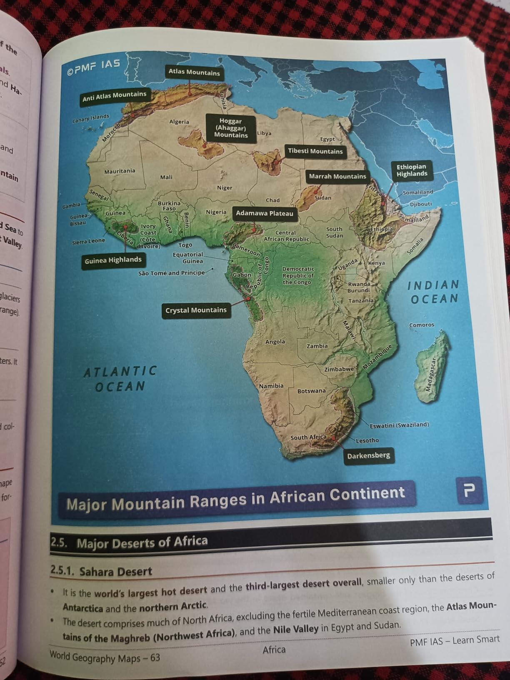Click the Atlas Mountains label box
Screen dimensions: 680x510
point(194,72)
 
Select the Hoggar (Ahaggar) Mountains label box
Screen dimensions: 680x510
point(231,128)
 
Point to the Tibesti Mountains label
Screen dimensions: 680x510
point(315,151)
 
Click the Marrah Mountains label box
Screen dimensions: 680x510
point(337,176)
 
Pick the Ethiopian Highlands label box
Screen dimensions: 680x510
point(412,170)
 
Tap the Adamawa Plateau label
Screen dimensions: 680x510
point(264,213)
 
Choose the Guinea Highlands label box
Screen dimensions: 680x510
point(113,260)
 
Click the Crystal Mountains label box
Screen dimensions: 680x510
point(196,310)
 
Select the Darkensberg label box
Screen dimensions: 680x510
point(368,455)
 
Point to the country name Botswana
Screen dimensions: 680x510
point(311,391)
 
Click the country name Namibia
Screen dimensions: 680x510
point(271,386)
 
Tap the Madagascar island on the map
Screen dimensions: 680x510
point(432,369)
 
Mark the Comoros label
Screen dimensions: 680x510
point(421,325)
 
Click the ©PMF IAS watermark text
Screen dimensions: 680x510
point(93,67)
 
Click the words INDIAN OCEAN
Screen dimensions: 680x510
point(433,292)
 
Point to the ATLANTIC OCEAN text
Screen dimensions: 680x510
point(120,378)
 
